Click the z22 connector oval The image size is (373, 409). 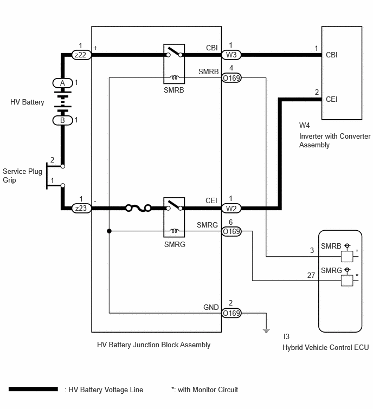81,55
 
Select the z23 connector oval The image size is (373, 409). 81,208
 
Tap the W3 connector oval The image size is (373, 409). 231,55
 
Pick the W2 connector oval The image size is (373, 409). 231,208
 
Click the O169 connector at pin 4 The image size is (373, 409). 231,77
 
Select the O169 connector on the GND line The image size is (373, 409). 231,313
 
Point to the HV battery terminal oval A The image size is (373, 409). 63,83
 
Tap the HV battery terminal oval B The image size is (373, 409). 63,120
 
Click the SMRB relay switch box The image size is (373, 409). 174,64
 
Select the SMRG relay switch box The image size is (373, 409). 174,217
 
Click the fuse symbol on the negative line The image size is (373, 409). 138,208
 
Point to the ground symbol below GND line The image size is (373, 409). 266,330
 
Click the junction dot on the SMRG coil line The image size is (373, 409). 109,231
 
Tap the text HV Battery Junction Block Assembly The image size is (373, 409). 154,345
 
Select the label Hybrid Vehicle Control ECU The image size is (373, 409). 325,347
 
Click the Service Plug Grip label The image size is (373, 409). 22,176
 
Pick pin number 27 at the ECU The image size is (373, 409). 311,275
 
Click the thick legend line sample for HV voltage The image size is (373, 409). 33,389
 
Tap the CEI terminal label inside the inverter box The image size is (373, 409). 331,99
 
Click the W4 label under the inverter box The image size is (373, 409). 304,125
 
